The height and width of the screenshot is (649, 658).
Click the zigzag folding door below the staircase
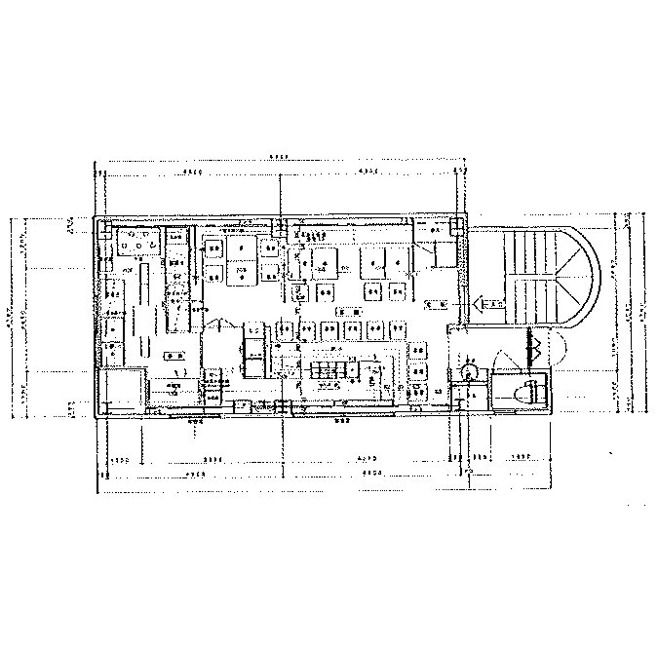[x=533, y=344]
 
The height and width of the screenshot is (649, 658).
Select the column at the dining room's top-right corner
[x=457, y=226]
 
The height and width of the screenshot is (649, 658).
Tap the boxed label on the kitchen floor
[x=174, y=355]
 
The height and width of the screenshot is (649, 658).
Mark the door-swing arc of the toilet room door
[x=508, y=361]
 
